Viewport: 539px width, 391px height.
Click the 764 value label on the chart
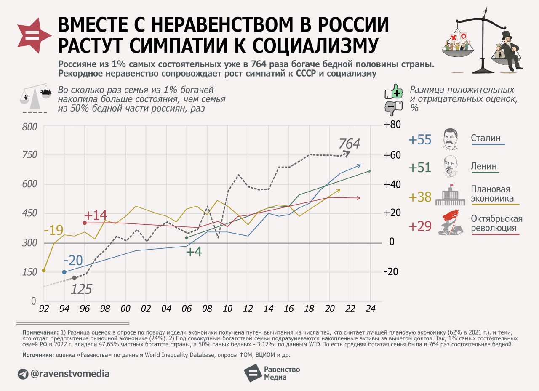[349, 144]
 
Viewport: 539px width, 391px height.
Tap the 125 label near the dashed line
[81, 290]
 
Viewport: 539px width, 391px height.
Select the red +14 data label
[96, 215]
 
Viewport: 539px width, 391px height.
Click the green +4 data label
[194, 252]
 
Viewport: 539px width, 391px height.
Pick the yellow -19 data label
[53, 231]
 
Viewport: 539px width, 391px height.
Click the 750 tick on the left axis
[29, 155]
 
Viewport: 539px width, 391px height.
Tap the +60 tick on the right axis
[392, 155]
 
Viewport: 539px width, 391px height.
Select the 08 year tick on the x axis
[207, 309]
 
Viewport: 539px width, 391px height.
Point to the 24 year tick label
[371, 309]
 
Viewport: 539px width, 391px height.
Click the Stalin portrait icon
[450, 139]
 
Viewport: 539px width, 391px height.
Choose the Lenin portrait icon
[450, 167]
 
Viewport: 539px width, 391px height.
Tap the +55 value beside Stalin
[420, 140]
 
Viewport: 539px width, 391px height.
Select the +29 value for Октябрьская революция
[420, 226]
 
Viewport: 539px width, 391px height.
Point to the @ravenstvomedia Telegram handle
[70, 373]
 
